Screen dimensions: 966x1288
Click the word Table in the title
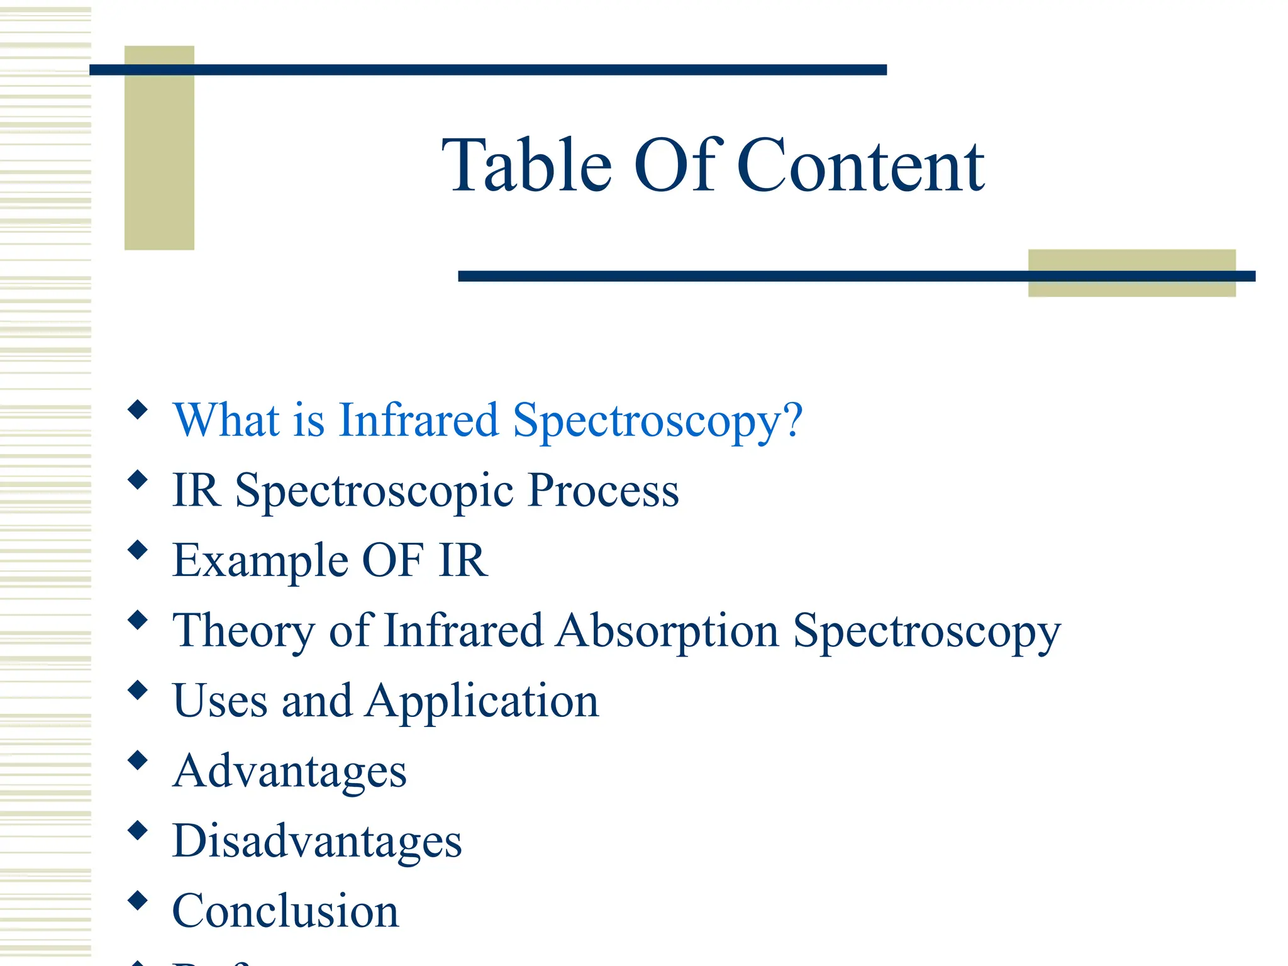[x=526, y=166]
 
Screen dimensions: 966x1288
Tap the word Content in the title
[x=860, y=166]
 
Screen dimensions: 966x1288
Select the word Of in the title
[x=674, y=166]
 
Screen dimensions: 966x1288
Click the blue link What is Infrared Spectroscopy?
[x=487, y=420]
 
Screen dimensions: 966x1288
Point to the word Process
[x=603, y=490]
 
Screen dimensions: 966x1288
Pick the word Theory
[x=243, y=631]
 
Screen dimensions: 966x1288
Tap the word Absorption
[x=667, y=631]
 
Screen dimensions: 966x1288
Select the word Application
[x=482, y=701]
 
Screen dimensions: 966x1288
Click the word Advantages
[x=290, y=772]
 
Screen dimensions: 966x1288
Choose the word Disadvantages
[x=317, y=841]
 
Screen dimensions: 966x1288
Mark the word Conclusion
[x=286, y=911]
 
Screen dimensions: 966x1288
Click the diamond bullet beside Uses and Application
[x=137, y=691]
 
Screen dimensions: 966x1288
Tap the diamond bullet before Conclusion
[x=137, y=901]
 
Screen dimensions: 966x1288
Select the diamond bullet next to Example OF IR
[x=137, y=550]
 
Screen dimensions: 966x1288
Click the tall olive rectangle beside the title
[x=159, y=164]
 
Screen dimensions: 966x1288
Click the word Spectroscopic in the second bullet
[x=375, y=491]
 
